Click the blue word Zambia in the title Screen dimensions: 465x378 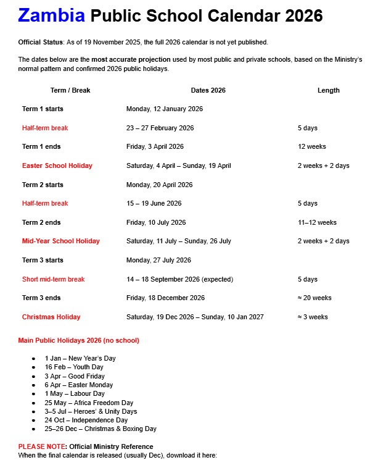point(51,15)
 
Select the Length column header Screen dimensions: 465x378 point(328,90)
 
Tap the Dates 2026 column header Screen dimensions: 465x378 point(208,90)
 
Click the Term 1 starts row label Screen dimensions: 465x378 point(43,109)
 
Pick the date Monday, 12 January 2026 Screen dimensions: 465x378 point(164,109)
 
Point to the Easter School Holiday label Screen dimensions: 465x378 point(57,165)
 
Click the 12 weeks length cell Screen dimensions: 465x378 point(311,147)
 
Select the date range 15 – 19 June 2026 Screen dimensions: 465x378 point(154,203)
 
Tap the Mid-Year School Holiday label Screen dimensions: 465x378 point(60,241)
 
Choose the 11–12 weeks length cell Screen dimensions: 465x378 point(317,222)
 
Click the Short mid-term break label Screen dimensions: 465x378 point(53,279)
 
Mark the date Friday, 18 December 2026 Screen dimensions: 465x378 point(165,298)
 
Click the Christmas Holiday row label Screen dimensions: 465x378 point(51,317)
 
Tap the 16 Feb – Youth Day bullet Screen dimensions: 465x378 point(74,367)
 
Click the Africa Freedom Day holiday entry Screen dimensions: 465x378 point(89,403)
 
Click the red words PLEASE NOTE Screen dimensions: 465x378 point(42,446)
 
